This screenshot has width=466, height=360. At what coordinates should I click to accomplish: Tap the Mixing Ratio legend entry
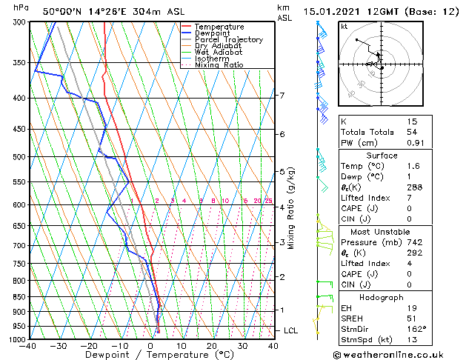[x=219, y=65]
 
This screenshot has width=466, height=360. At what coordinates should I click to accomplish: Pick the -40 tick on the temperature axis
[x=29, y=346]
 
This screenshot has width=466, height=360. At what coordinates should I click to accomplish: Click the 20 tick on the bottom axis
[x=212, y=346]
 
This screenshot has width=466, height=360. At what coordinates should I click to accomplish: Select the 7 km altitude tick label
[x=282, y=96]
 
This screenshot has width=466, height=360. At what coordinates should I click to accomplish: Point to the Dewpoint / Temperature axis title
[x=151, y=355]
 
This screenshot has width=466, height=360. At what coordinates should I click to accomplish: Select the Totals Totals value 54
[x=413, y=132]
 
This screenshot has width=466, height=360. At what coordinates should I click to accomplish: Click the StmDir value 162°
[x=416, y=329]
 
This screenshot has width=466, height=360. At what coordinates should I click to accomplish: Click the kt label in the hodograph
[x=344, y=27]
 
